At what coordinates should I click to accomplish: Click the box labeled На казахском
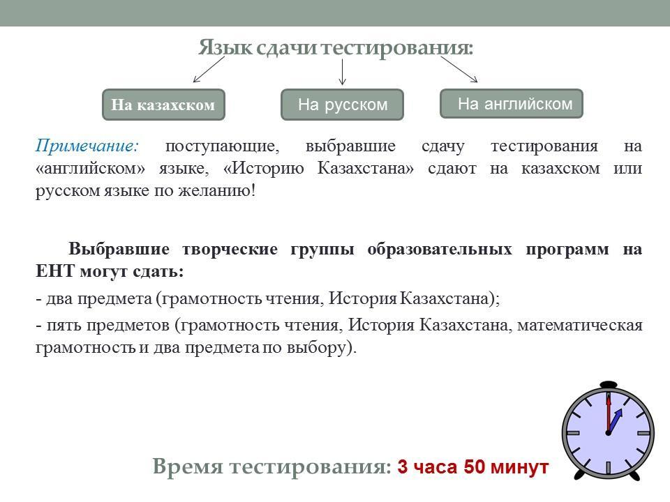[163, 105]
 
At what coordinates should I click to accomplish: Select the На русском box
[342, 105]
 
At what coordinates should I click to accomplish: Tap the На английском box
[512, 104]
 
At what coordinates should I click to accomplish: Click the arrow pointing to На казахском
[209, 69]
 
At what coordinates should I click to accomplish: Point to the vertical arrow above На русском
[342, 72]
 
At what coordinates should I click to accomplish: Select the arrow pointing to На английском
[459, 69]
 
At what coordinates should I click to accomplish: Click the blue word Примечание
[87, 146]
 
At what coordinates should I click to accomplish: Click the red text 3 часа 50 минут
[472, 466]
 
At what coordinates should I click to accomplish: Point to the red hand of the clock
[608, 414]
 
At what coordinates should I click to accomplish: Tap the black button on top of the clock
[609, 384]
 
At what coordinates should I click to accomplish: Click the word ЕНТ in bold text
[54, 271]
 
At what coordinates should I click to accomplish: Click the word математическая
[580, 326]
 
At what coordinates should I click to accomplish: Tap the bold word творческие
[230, 250]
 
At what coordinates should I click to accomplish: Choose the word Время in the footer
[188, 466]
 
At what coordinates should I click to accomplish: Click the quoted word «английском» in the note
[91, 169]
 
